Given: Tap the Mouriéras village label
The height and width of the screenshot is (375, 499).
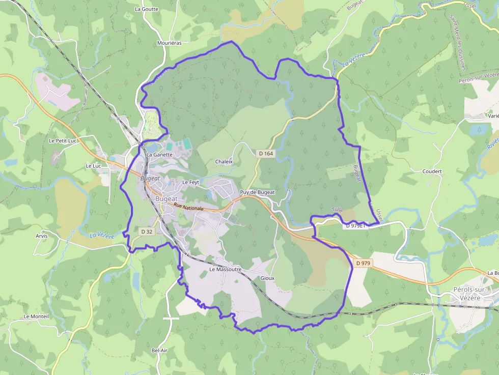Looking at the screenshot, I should pyautogui.click(x=170, y=43).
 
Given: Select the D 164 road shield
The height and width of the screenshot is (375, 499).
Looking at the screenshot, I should pyautogui.click(x=266, y=153).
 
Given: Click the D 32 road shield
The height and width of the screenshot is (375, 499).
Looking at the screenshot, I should pyautogui.click(x=146, y=232).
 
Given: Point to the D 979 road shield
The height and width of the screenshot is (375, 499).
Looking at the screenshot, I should pyautogui.click(x=364, y=263).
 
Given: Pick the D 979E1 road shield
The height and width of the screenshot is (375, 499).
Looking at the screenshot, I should pyautogui.click(x=356, y=225).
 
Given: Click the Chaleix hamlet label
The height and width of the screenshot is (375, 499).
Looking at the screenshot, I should pyautogui.click(x=224, y=162).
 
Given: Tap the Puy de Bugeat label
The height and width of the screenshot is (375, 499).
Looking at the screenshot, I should pyautogui.click(x=257, y=192).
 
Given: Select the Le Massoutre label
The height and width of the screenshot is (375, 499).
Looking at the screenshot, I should pyautogui.click(x=225, y=269).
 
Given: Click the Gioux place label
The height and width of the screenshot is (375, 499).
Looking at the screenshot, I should pyautogui.click(x=267, y=278).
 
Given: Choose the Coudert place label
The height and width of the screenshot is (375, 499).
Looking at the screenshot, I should pyautogui.click(x=432, y=171).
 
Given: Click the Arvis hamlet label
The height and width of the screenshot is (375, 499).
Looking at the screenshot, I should pyautogui.click(x=42, y=236).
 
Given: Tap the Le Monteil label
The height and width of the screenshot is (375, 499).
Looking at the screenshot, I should pyautogui.click(x=36, y=316).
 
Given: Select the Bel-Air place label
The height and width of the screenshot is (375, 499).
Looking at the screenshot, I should pyautogui.click(x=159, y=351).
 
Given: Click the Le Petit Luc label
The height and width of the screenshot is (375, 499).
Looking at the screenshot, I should pyautogui.click(x=62, y=140).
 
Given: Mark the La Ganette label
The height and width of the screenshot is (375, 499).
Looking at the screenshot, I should pyautogui.click(x=160, y=155).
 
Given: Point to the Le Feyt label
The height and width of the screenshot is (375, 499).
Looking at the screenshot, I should pyautogui.click(x=190, y=182).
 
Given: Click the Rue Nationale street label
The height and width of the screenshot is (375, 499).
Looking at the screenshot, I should pyautogui.click(x=188, y=208).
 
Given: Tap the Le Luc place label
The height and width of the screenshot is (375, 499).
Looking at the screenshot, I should pyautogui.click(x=93, y=166).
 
